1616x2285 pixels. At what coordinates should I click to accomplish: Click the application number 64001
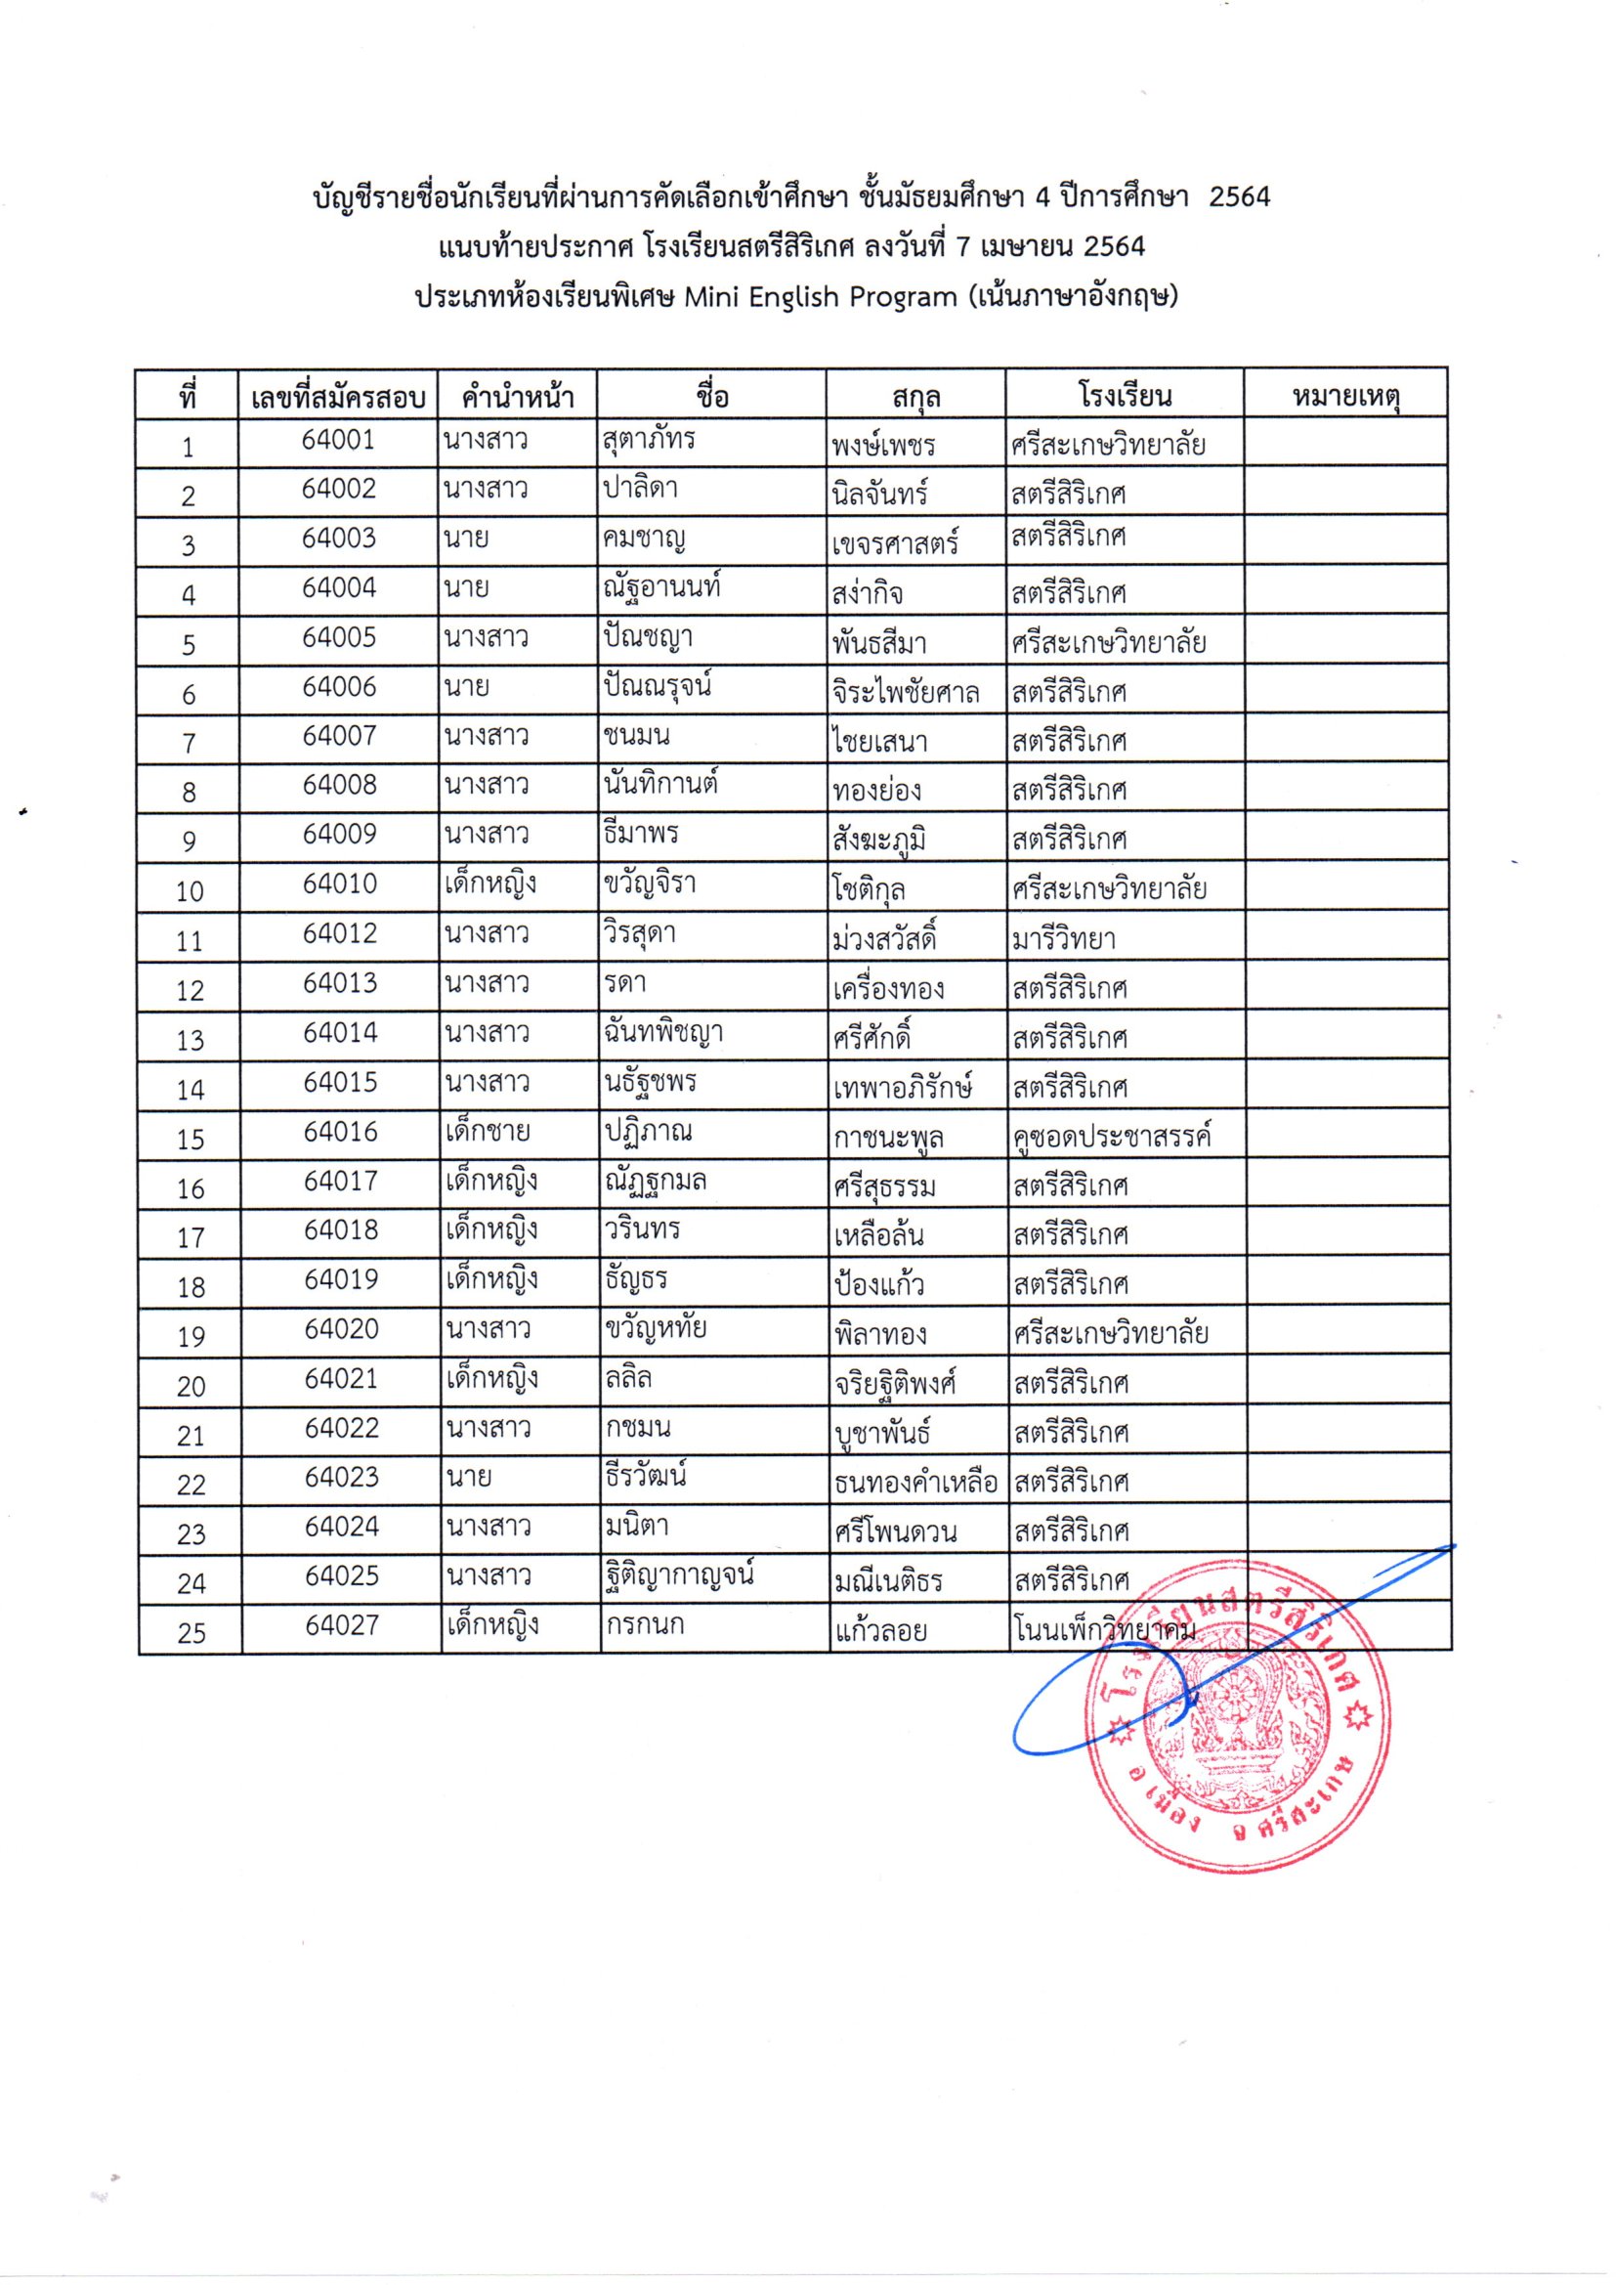pyautogui.click(x=338, y=440)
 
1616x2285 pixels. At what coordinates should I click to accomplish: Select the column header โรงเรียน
pyautogui.click(x=1125, y=396)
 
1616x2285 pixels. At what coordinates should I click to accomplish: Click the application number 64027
pyautogui.click(x=342, y=1625)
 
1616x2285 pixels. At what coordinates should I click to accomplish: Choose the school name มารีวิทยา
pyautogui.click(x=1064, y=938)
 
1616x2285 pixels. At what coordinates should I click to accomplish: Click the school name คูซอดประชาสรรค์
pyautogui.click(x=1113, y=1136)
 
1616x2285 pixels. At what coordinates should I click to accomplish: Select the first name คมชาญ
pyautogui.click(x=644, y=540)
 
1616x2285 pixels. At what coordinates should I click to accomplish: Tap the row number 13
pyautogui.click(x=191, y=1040)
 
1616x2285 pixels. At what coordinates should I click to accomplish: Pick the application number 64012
pyautogui.click(x=340, y=933)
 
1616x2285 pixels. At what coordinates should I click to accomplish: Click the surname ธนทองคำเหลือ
pyautogui.click(x=915, y=1483)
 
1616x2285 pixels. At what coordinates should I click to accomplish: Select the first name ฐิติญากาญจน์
pyautogui.click(x=679, y=1575)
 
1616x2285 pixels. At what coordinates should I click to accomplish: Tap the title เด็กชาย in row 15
pyautogui.click(x=488, y=1132)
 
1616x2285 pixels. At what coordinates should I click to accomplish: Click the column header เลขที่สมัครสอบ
pyautogui.click(x=338, y=398)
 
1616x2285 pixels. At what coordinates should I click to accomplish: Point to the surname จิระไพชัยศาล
pyautogui.click(x=906, y=693)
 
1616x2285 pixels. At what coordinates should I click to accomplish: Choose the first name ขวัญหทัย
pyautogui.click(x=655, y=1328)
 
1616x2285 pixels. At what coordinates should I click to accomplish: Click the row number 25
pyautogui.click(x=191, y=1632)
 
